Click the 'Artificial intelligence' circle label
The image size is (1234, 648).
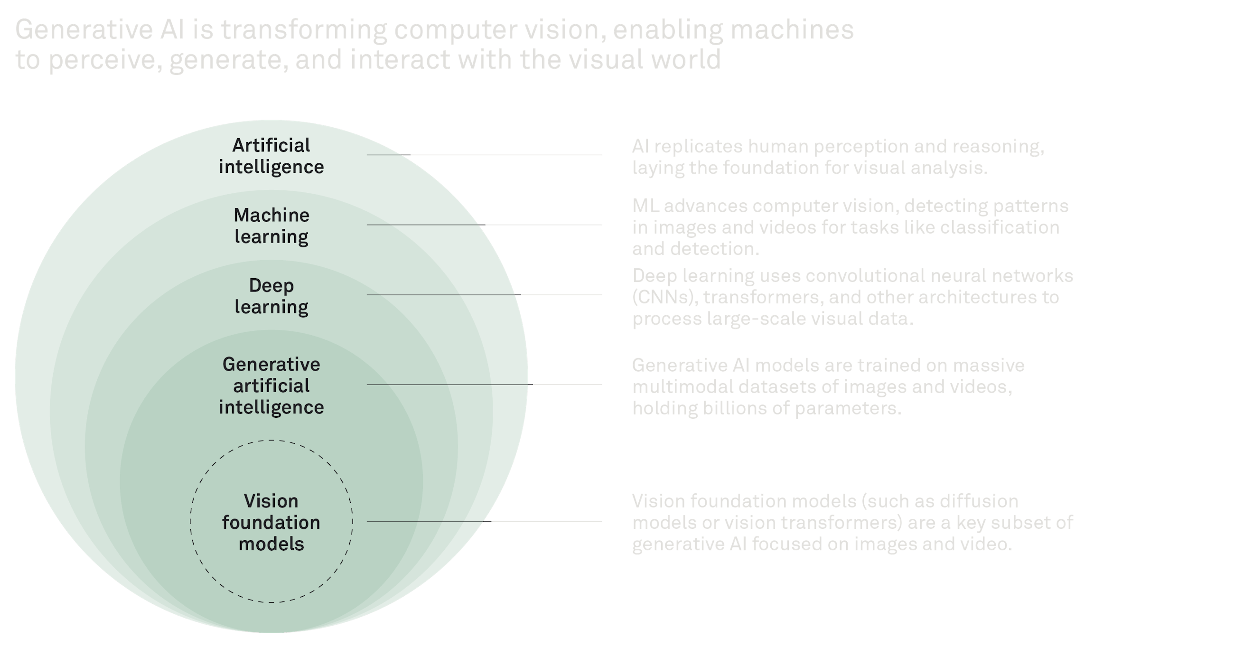pos(271,156)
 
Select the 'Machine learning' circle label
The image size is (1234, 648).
pos(271,226)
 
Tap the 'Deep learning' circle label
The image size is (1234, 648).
pos(271,296)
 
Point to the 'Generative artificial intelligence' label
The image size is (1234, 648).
pos(271,386)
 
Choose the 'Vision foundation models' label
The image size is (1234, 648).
pos(271,522)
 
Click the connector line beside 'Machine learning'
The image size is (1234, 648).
pos(484,225)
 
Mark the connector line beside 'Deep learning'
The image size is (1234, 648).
pos(484,295)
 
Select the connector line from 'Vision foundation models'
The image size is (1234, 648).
pos(484,521)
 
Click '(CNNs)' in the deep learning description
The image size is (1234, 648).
pos(664,298)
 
